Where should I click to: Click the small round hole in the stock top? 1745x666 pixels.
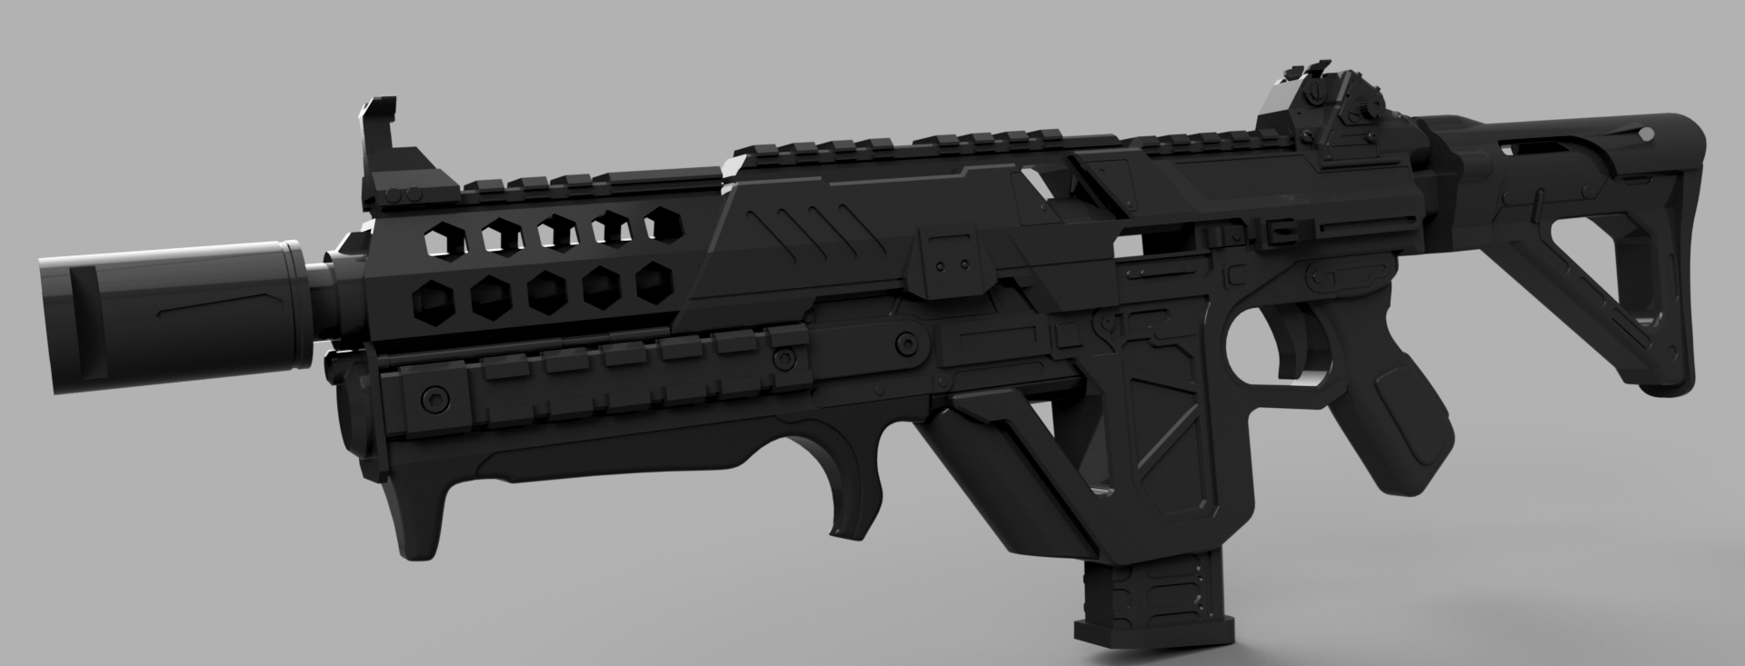click(x=1644, y=134)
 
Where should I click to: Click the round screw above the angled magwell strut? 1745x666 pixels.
click(x=906, y=343)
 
